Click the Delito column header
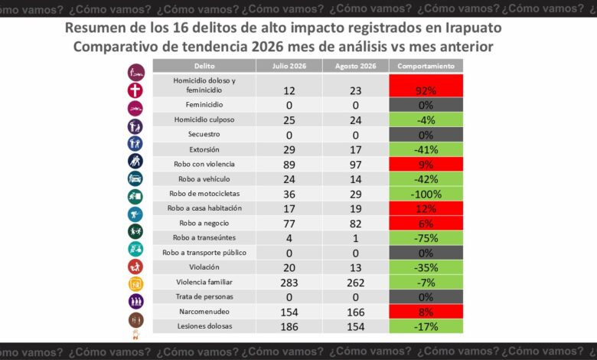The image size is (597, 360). (204, 66)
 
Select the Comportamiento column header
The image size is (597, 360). (426, 66)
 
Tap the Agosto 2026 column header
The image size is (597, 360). (355, 66)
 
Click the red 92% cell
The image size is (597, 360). (426, 86)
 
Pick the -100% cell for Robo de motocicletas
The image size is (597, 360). (426, 194)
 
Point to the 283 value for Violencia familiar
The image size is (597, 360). (289, 283)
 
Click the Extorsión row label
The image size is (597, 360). (204, 149)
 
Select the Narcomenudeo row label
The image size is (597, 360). (204, 312)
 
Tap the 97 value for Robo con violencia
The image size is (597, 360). (355, 165)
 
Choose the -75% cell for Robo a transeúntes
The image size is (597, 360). (426, 238)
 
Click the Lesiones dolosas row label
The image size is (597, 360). (204, 326)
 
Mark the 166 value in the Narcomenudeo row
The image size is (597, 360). (355, 313)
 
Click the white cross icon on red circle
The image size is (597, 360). (135, 90)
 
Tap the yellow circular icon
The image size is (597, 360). (136, 284)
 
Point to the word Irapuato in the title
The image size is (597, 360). (473, 28)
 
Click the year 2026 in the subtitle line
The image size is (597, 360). (267, 47)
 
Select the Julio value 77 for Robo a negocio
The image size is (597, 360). (289, 224)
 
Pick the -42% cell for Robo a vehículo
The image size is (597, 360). (426, 179)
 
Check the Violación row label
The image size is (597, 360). (204, 267)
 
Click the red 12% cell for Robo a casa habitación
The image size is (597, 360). (426, 209)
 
